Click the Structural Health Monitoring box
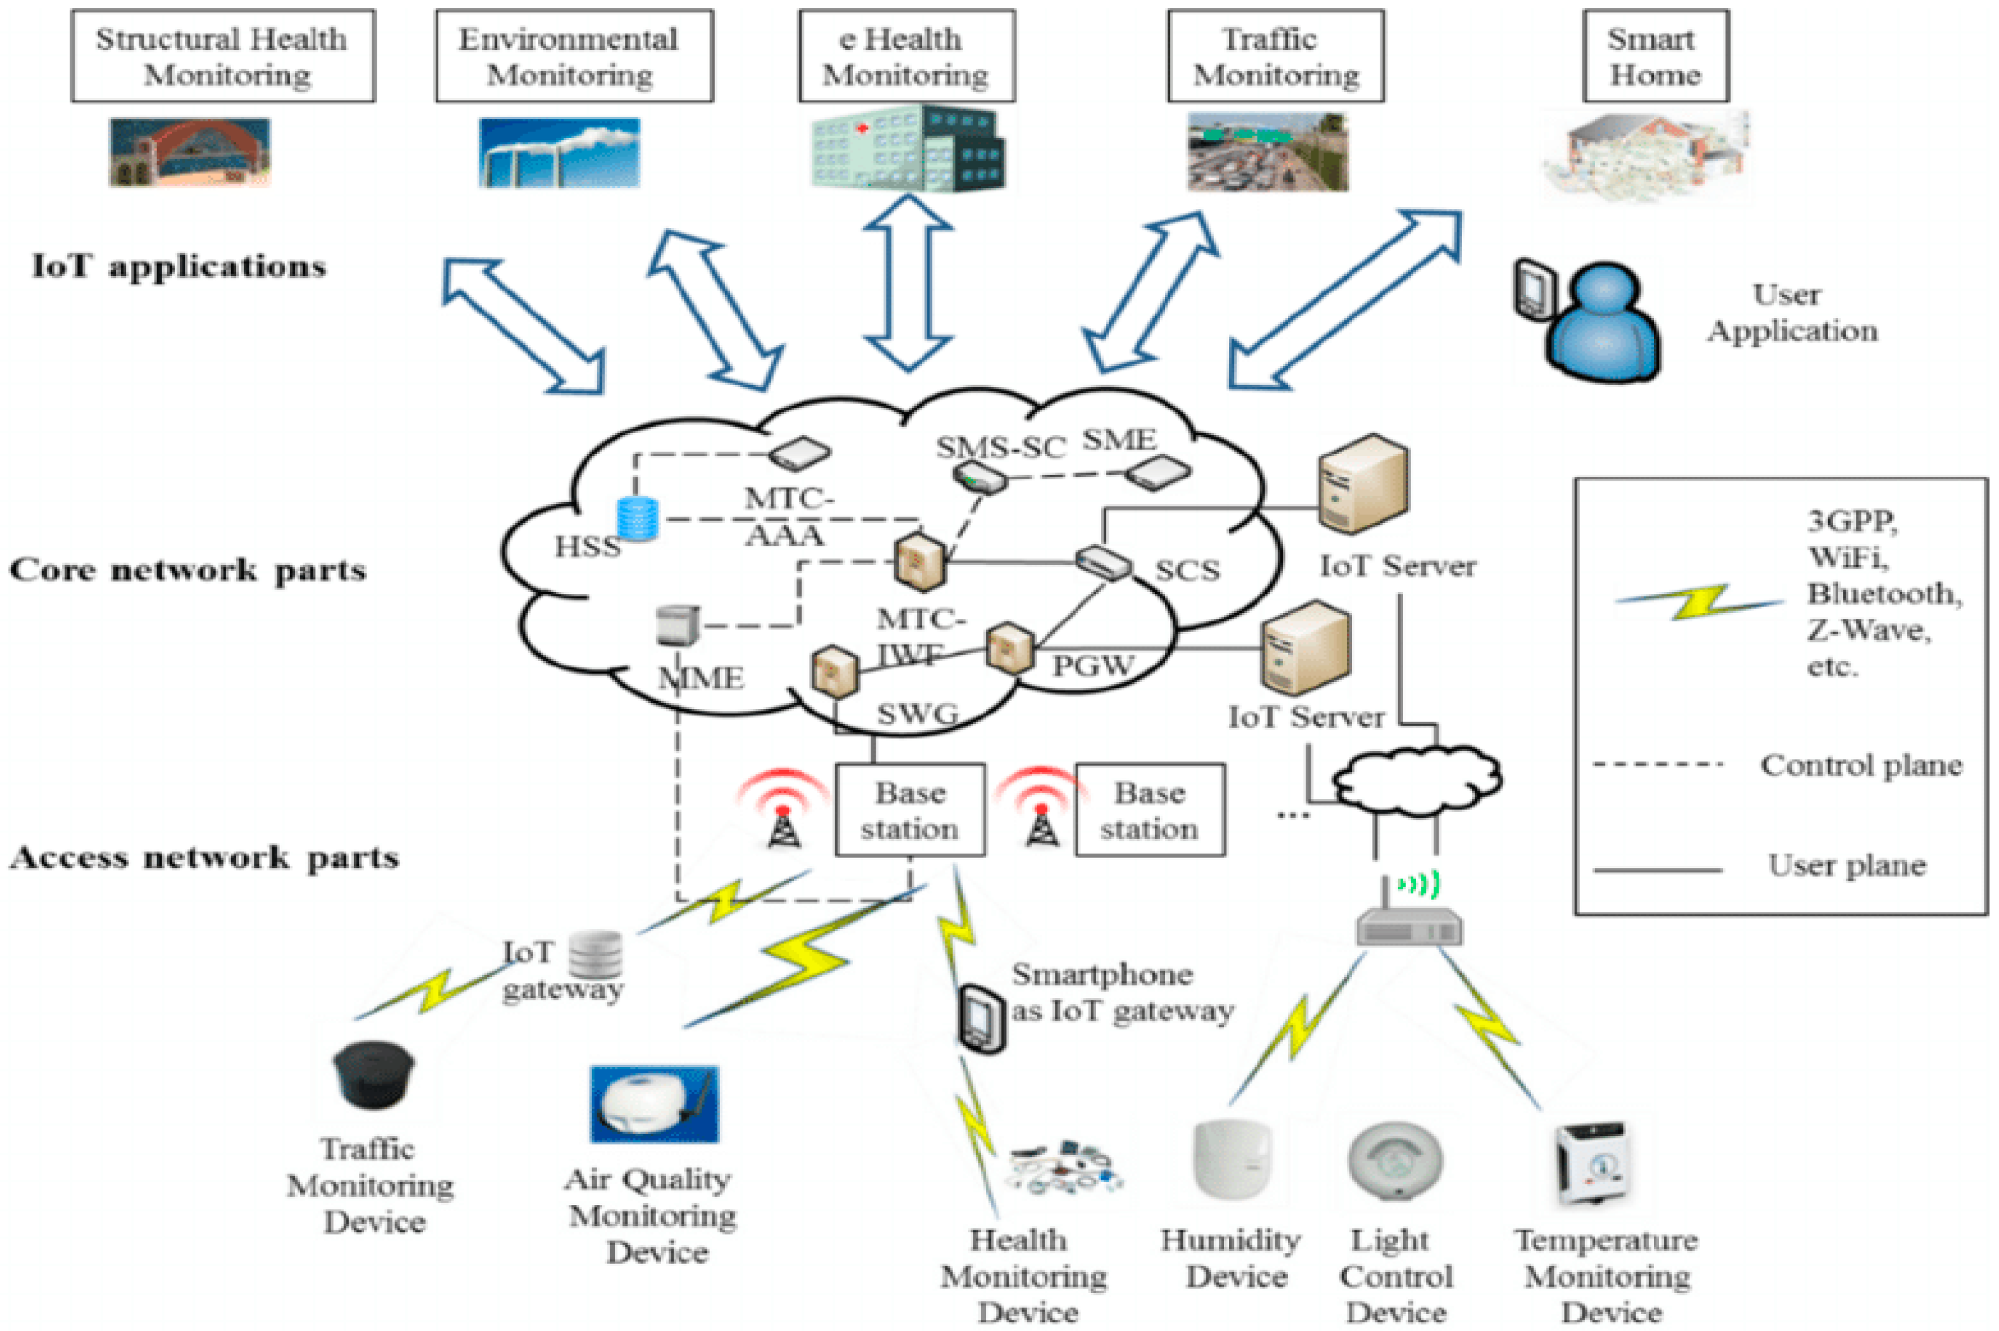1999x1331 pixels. point(222,56)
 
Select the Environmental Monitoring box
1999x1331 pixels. point(574,56)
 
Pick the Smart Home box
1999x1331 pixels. point(1655,56)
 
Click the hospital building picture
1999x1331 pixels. point(907,149)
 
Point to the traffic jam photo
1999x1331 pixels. point(1266,153)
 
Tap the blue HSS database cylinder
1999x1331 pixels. point(638,519)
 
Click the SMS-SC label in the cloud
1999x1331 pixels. point(1000,447)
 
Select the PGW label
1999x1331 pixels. point(1092,665)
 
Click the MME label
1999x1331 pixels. point(701,678)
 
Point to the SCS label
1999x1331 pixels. point(1187,571)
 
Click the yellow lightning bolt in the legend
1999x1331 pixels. point(1698,601)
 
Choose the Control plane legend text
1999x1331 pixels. point(1860,766)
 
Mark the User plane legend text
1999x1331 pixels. point(1847,866)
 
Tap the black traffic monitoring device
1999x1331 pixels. point(374,1075)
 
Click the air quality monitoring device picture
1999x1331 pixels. point(653,1104)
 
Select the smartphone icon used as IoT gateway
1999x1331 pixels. point(981,1019)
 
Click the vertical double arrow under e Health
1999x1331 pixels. point(907,282)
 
